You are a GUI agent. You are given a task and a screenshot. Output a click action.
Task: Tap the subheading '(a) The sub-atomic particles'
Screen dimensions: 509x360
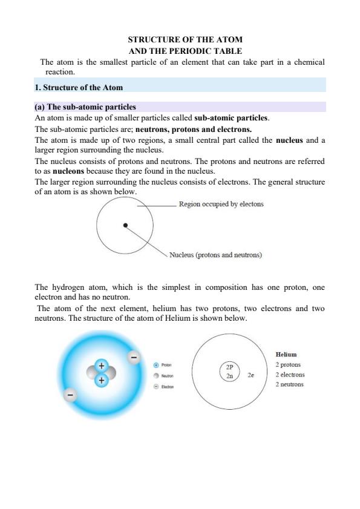(85, 107)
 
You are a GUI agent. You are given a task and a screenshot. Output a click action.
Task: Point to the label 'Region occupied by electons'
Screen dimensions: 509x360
(221, 204)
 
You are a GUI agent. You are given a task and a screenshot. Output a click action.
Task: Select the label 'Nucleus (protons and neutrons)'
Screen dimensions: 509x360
(216, 255)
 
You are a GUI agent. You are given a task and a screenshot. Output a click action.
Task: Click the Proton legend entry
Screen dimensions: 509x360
(163, 366)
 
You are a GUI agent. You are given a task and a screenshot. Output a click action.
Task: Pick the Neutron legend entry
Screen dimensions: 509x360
(163, 376)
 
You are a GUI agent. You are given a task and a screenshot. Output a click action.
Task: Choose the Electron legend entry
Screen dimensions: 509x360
(163, 386)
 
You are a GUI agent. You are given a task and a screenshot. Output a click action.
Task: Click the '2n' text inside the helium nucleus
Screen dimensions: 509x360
(229, 376)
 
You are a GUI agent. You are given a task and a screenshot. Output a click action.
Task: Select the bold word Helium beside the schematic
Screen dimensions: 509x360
(286, 355)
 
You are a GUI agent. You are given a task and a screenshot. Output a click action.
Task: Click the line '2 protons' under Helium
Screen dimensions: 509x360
(288, 365)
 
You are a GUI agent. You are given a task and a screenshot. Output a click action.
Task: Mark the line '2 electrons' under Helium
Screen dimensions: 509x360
(290, 375)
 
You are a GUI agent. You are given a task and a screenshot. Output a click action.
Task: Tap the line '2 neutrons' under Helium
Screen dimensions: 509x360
(289, 384)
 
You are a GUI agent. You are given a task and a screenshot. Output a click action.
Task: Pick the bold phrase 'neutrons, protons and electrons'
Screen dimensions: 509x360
(194, 129)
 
